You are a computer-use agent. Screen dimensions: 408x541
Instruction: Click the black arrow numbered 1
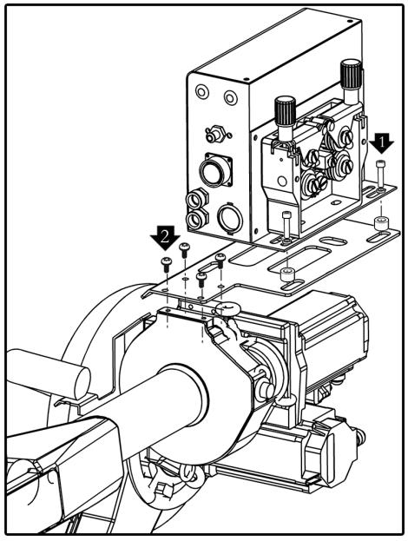tap(381, 142)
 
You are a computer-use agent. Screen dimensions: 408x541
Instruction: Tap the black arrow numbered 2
tap(165, 237)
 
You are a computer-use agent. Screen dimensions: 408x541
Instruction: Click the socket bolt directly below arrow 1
tap(380, 175)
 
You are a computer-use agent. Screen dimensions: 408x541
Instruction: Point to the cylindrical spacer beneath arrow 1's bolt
tap(381, 223)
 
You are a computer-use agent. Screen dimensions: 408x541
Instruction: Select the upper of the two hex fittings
tap(196, 199)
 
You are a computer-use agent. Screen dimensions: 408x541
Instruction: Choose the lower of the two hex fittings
tap(197, 219)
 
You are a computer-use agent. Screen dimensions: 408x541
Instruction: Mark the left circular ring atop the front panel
tap(201, 92)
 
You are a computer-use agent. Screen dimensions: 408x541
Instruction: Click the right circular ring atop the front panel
tap(231, 98)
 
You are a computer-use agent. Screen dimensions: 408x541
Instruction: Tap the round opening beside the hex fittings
tap(230, 218)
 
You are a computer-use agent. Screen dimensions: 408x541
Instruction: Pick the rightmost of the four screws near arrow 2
tap(220, 261)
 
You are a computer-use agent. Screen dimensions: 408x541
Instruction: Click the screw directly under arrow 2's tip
tap(166, 265)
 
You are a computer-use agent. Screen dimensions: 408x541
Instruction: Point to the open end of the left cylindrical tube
tap(82, 383)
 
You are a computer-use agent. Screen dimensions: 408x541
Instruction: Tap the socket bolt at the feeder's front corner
tap(286, 227)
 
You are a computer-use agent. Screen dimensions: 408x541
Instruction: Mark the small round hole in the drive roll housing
tap(282, 181)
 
